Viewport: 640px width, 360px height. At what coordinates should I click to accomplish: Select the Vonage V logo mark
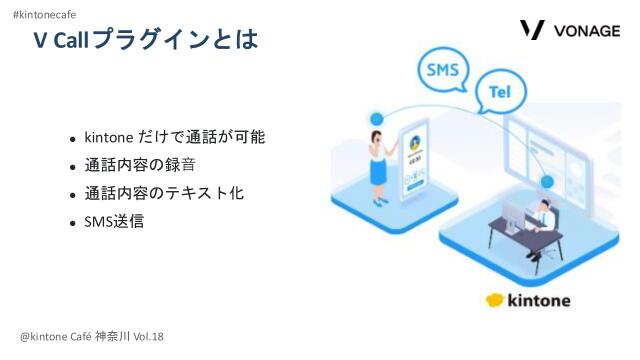point(533,30)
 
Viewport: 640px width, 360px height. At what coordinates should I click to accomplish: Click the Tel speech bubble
point(500,91)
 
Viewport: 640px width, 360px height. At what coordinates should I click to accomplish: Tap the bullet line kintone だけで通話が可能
point(174,137)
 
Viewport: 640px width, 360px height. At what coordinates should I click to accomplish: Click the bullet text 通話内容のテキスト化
point(163,193)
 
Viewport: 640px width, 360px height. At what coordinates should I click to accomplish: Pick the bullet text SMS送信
point(114,221)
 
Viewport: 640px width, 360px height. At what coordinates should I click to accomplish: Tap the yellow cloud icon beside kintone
point(498,300)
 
